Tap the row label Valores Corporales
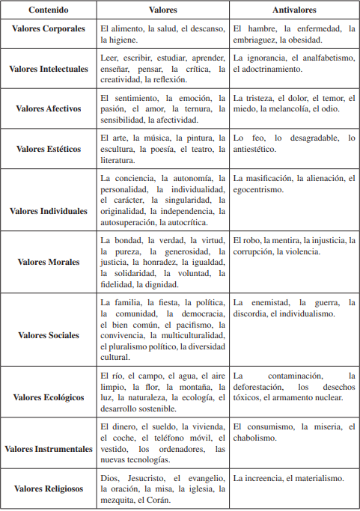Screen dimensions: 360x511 pyautogui.click(x=49, y=34)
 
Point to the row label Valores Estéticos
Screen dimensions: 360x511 pyautogui.click(x=49, y=149)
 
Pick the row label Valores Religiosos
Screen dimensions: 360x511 pyautogui.click(x=49, y=488)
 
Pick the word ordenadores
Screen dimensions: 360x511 pyautogui.click(x=180, y=449)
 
